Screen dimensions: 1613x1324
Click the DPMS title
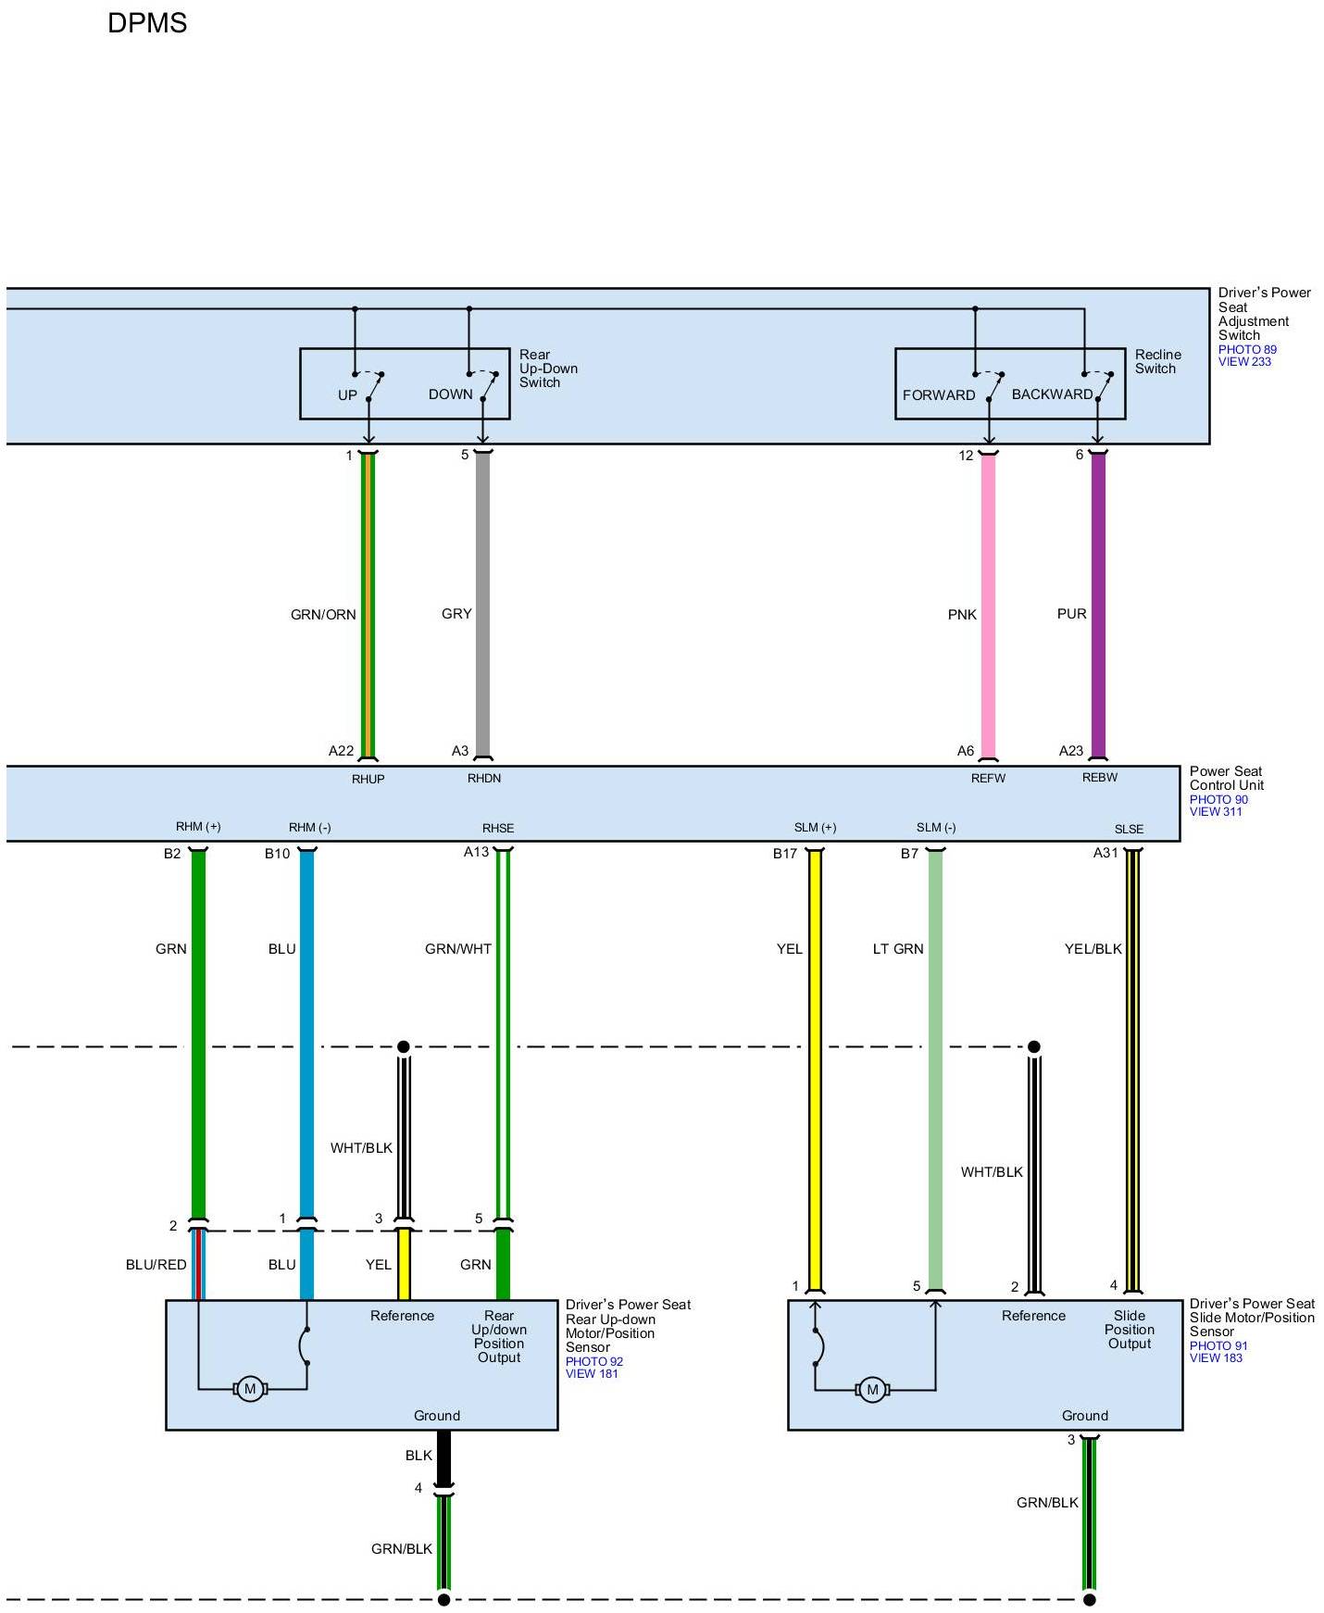(x=147, y=23)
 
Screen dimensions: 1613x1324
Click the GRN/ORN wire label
(x=323, y=615)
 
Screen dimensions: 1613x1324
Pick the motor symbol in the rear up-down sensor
(x=249, y=1389)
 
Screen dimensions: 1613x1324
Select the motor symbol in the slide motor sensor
(x=871, y=1390)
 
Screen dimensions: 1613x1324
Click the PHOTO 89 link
(x=1246, y=349)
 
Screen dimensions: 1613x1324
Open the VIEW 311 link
(x=1216, y=812)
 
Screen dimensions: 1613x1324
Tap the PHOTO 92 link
(x=593, y=1361)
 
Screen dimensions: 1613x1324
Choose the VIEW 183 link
(x=1216, y=1358)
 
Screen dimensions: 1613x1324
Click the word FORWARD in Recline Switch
(x=939, y=395)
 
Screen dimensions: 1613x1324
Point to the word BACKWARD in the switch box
(x=1052, y=394)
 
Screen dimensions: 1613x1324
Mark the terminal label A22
(x=341, y=751)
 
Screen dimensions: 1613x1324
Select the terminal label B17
(x=785, y=854)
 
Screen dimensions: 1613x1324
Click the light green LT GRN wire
(x=935, y=1065)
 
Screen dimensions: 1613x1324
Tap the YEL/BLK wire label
(x=1093, y=949)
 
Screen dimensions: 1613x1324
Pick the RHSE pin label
(x=498, y=829)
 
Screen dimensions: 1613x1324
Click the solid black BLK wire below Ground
(x=443, y=1457)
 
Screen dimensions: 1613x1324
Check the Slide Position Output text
(x=1129, y=1330)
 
